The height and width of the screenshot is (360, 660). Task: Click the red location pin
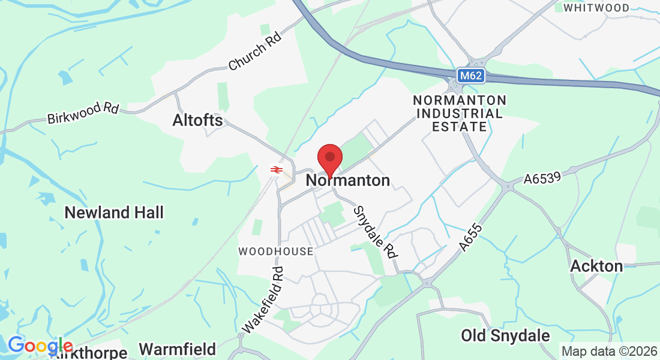329,158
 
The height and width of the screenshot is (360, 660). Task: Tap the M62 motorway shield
470,76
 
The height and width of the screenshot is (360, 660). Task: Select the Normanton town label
348,180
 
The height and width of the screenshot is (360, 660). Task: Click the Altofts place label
197,120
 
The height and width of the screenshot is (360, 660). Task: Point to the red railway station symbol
276,170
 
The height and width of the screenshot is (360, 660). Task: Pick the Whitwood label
596,8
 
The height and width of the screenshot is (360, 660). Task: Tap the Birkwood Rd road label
83,112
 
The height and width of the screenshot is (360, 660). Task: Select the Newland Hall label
114,212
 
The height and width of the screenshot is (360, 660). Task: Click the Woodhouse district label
276,251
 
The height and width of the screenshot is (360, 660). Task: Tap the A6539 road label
542,179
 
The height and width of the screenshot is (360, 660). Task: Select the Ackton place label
596,266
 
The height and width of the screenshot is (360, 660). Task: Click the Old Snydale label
505,335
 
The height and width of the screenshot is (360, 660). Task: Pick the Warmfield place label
178,349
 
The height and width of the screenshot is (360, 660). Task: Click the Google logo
40,346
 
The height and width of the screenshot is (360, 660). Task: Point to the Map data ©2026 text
609,351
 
